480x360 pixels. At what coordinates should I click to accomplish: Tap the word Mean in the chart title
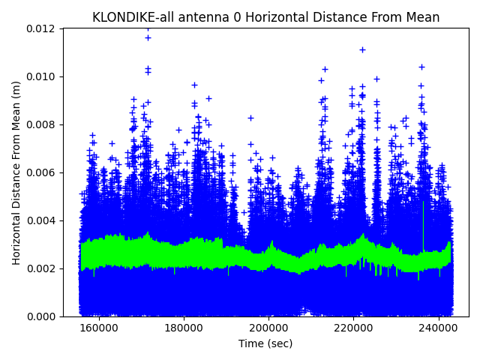coord(421,17)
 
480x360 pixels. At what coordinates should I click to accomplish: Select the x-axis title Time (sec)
coord(265,343)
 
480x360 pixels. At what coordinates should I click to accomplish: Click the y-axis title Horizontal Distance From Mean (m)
coord(16,172)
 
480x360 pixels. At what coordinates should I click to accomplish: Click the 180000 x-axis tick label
coord(184,328)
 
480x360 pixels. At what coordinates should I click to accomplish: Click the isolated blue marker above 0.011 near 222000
coord(362,49)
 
